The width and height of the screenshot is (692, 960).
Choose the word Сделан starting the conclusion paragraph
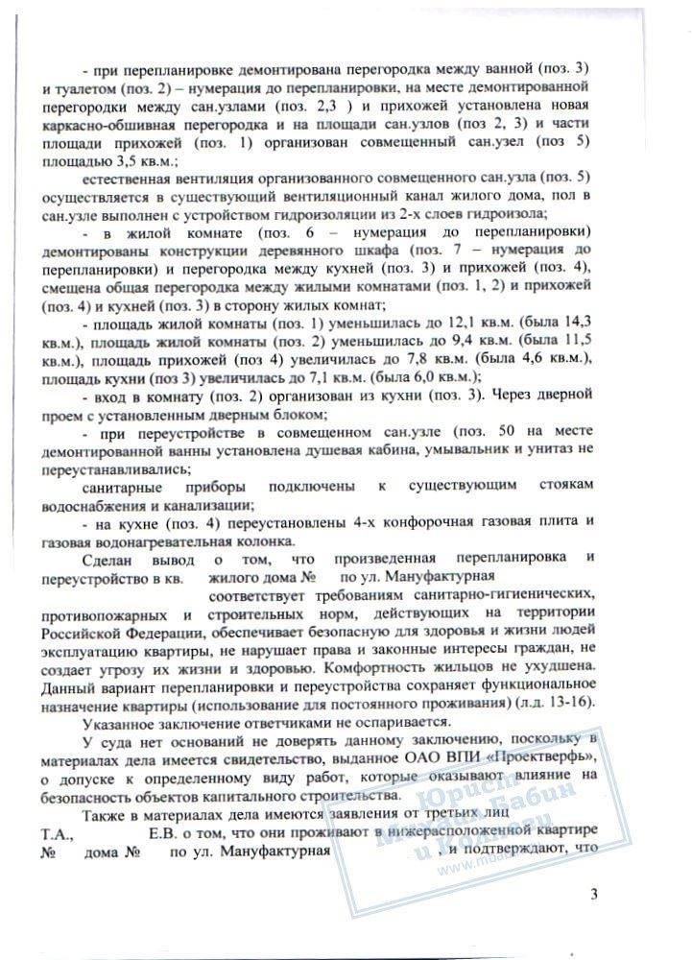click(114, 559)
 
